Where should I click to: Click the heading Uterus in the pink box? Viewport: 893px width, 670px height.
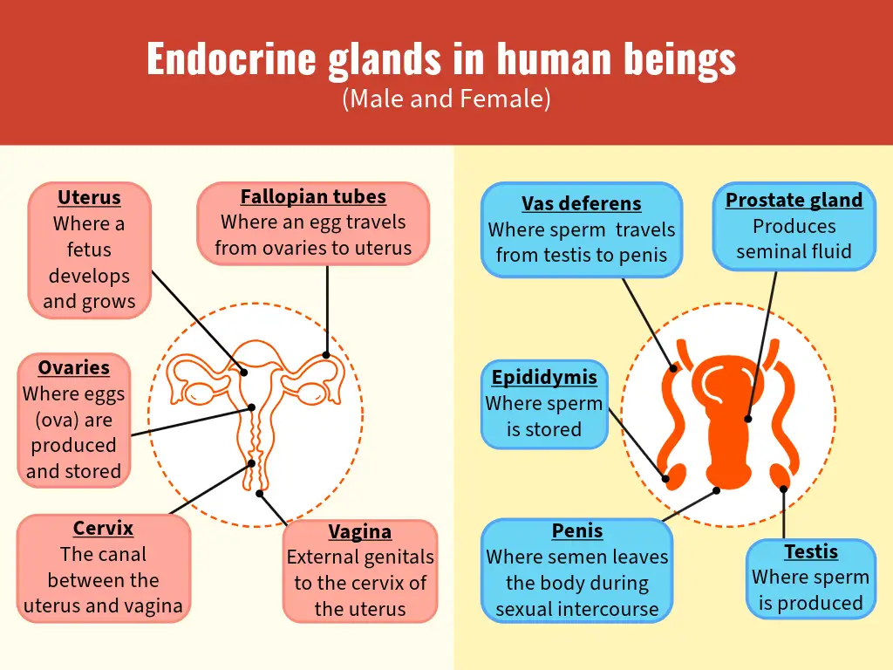pyautogui.click(x=89, y=197)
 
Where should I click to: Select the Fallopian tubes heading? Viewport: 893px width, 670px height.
pyautogui.click(x=313, y=196)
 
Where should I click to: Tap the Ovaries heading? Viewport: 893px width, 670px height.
pyautogui.click(x=74, y=367)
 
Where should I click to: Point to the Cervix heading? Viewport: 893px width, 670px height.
pyautogui.click(x=103, y=528)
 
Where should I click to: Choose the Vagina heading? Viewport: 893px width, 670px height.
pyautogui.click(x=359, y=531)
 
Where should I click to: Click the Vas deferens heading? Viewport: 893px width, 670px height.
pyautogui.click(x=582, y=203)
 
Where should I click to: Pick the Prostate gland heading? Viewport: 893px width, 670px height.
pyautogui.click(x=794, y=200)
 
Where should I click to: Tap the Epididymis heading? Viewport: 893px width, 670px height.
pyautogui.click(x=544, y=377)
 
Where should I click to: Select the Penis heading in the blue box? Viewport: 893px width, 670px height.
pyautogui.click(x=577, y=531)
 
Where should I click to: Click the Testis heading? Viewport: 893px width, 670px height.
pyautogui.click(x=811, y=551)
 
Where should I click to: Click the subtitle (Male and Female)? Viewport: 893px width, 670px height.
pyautogui.click(x=446, y=99)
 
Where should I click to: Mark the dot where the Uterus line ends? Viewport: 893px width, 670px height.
pyautogui.click(x=244, y=373)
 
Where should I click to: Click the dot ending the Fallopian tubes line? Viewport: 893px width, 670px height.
pyautogui.click(x=326, y=355)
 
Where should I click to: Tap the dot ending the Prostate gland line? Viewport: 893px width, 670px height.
pyautogui.click(x=747, y=419)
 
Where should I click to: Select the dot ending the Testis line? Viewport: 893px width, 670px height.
pyautogui.click(x=783, y=489)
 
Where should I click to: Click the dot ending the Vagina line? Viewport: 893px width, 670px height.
pyautogui.click(x=259, y=494)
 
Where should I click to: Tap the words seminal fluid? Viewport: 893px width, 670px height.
pyautogui.click(x=794, y=252)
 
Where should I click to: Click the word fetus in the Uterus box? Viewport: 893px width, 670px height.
pyautogui.click(x=89, y=250)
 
